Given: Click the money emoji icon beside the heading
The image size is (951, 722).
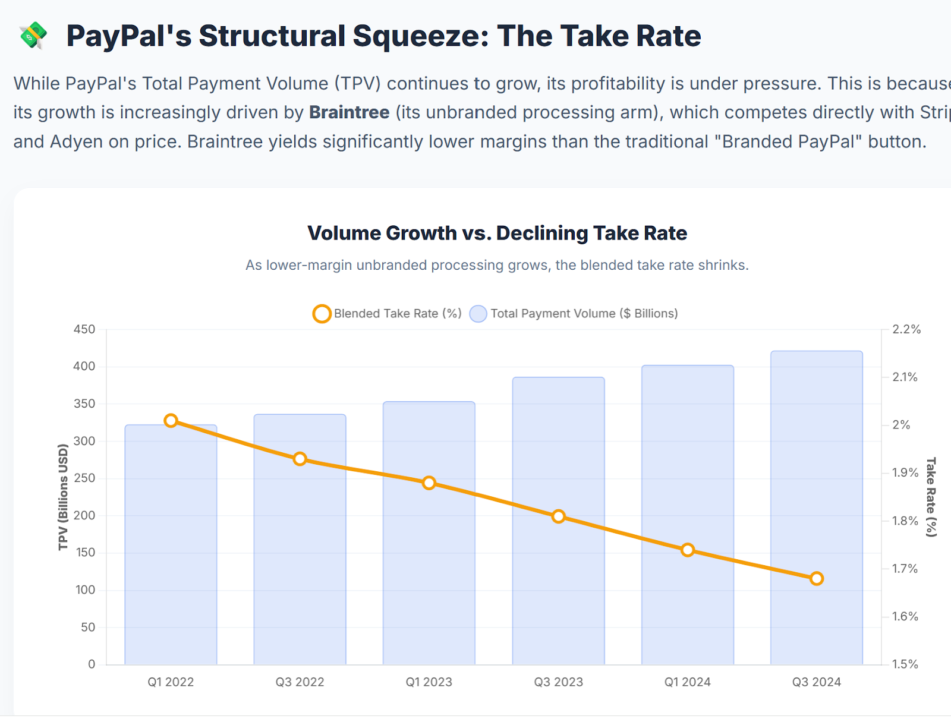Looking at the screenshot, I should [x=33, y=35].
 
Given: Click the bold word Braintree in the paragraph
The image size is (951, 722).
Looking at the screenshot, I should [x=349, y=112].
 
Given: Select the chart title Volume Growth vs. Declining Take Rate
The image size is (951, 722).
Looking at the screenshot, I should [x=497, y=233].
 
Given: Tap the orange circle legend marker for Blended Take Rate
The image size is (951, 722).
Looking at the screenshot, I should [x=322, y=314].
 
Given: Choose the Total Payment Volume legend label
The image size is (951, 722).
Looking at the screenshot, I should [x=584, y=314].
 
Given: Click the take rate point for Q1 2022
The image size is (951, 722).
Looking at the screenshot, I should [x=171, y=421].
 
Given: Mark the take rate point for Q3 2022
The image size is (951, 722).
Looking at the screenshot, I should [x=300, y=459].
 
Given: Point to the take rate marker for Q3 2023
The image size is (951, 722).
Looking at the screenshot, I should [x=558, y=516].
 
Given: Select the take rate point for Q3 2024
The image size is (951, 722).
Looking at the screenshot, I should [x=817, y=578].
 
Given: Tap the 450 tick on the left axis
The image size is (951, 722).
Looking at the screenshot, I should [x=84, y=329].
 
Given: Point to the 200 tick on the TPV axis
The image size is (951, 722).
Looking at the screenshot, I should [x=84, y=515].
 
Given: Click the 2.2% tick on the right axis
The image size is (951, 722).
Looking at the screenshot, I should [x=906, y=329].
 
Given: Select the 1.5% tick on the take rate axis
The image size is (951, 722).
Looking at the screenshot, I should [x=905, y=664].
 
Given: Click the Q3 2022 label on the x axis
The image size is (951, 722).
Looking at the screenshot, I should [x=300, y=682].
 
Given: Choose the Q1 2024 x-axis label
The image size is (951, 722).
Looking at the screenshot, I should [x=688, y=682].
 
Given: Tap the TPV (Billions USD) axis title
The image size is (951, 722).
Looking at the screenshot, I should [x=63, y=497].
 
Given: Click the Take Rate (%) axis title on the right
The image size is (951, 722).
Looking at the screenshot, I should [x=931, y=497].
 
